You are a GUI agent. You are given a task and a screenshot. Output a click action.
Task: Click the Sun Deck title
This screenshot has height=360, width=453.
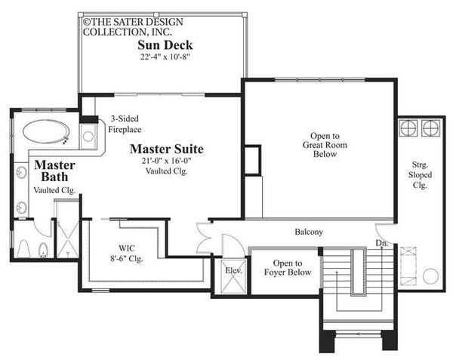coord(165,45)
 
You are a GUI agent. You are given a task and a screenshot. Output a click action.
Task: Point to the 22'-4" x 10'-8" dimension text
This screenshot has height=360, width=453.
coord(165,57)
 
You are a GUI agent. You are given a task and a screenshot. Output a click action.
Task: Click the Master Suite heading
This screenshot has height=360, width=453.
coord(167,148)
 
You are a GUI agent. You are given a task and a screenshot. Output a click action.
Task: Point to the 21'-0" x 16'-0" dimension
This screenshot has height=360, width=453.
coord(167,160)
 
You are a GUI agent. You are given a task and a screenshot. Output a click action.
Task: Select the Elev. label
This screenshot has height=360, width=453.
coord(231,270)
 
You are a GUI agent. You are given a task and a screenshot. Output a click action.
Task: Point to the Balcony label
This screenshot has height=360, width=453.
coord(309,232)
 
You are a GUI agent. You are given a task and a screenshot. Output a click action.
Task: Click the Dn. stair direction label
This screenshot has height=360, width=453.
coord(382,243)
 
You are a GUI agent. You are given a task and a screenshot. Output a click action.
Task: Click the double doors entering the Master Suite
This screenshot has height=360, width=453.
coord(205,239)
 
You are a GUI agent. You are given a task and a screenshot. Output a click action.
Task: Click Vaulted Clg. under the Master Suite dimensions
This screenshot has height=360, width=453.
coord(167,171)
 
